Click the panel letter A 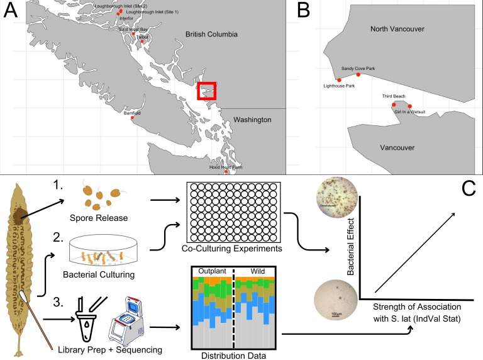(12, 12)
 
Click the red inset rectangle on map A (208, 91)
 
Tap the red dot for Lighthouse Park (339, 80)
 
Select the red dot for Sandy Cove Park (358, 74)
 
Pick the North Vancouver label (397, 29)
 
